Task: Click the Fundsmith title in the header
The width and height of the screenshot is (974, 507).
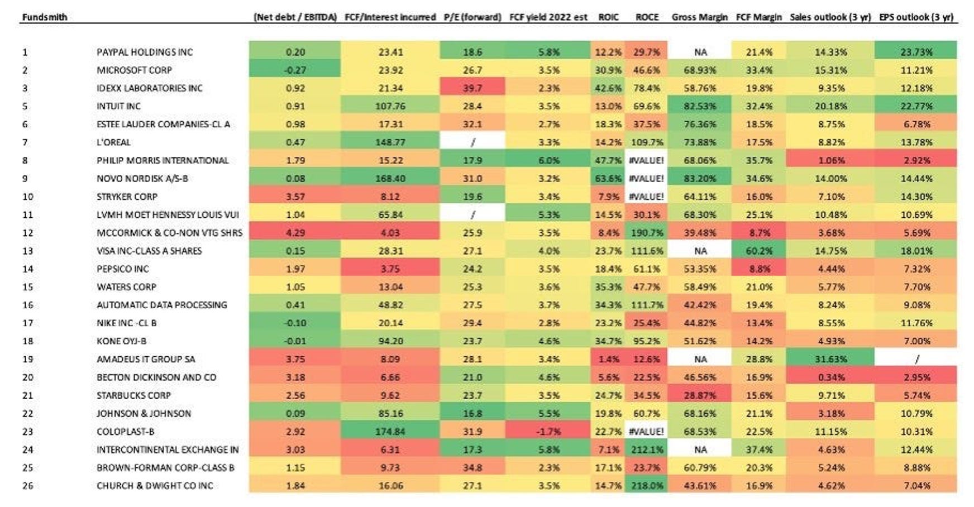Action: click(x=45, y=17)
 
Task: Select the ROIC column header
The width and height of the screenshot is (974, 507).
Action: click(x=608, y=17)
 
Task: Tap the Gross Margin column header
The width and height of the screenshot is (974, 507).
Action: click(x=699, y=17)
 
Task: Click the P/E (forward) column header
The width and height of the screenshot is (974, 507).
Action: click(x=472, y=17)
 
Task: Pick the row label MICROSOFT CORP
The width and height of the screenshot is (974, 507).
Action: click(x=134, y=70)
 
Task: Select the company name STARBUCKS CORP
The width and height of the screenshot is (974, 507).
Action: click(x=133, y=395)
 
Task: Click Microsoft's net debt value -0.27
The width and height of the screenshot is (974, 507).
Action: click(x=295, y=70)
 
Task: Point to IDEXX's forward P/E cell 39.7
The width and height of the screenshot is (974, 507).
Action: click(x=472, y=88)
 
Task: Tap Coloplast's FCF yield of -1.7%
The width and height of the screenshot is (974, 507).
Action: click(x=548, y=432)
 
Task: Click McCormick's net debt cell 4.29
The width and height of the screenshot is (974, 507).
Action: click(x=295, y=233)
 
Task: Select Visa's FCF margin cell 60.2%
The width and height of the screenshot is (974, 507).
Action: click(x=758, y=251)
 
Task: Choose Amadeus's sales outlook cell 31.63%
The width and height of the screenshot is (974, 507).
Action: click(x=830, y=359)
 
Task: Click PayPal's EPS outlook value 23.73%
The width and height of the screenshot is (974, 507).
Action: click(x=916, y=52)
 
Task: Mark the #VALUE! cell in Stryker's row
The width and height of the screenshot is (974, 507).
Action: click(x=647, y=197)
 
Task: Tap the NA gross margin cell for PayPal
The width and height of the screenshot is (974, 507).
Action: click(x=700, y=52)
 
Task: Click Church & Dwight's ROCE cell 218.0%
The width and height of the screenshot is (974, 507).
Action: click(x=647, y=486)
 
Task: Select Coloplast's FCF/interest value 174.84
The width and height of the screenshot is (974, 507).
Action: click(x=390, y=432)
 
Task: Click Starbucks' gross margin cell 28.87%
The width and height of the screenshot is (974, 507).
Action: click(x=700, y=395)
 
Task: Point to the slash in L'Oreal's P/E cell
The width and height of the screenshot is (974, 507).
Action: click(x=472, y=142)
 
